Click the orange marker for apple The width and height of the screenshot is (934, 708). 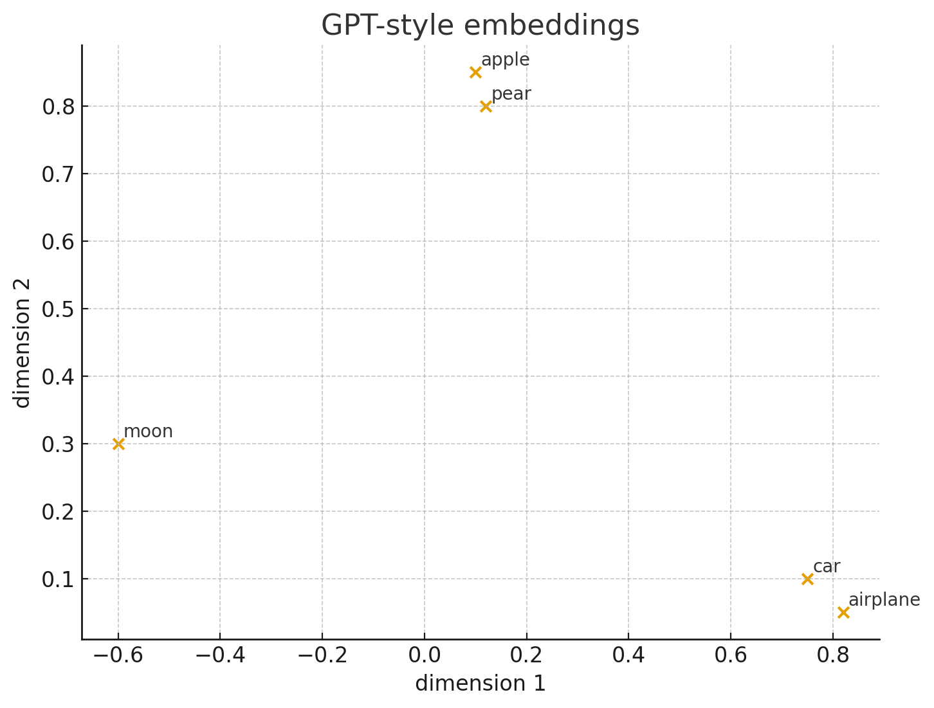click(475, 72)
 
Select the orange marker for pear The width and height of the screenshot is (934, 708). click(486, 106)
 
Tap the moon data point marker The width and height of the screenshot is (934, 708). click(118, 444)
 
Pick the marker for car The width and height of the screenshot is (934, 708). click(807, 579)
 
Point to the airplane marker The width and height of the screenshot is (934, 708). click(843, 612)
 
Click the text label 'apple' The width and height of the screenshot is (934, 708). click(506, 60)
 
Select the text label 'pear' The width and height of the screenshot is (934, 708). click(511, 94)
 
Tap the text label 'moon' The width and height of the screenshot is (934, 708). click(148, 431)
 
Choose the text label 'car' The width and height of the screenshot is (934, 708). click(827, 567)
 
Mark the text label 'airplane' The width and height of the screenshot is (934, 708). click(884, 600)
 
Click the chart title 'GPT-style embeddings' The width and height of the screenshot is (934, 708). click(481, 26)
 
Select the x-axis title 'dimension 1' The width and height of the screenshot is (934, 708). click(481, 684)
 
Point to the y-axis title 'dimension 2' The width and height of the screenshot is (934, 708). click(23, 343)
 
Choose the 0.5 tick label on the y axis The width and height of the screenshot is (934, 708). click(58, 309)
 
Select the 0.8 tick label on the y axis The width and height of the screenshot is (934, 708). click(58, 107)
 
